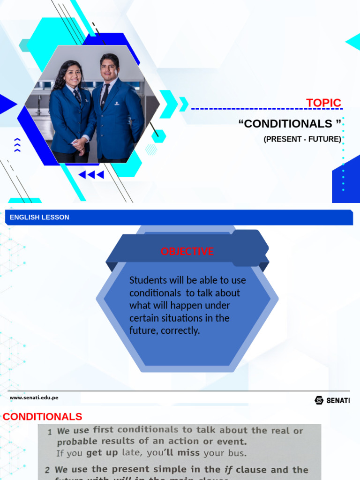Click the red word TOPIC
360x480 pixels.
[323, 103]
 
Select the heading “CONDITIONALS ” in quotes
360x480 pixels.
[290, 124]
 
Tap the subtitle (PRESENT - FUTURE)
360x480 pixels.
[302, 139]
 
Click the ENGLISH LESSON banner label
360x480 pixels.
[39, 217]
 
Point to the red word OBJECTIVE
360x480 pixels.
[187, 251]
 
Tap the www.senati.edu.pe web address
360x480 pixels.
[34, 397]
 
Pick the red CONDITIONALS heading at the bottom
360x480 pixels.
[43, 417]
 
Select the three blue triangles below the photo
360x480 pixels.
[91, 175]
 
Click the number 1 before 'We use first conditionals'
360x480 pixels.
[50, 431]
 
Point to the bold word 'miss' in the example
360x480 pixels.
[188, 453]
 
